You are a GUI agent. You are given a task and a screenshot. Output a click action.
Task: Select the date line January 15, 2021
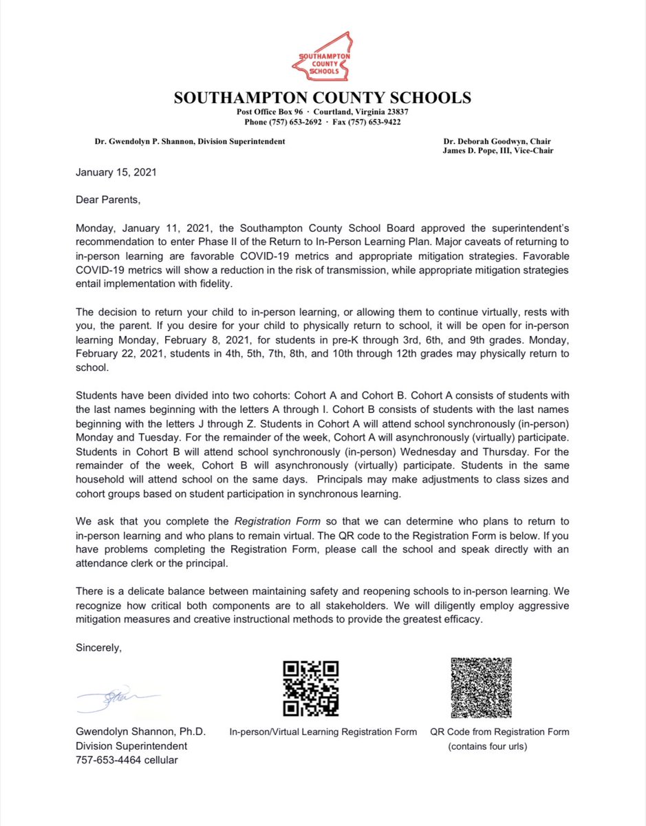116,172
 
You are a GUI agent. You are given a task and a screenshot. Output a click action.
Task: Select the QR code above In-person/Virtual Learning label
310,688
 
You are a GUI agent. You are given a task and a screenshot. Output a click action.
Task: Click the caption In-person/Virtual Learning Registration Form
323,732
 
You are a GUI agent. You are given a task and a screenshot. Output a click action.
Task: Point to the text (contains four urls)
487,746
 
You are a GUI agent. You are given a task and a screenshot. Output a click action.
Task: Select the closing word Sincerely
99,648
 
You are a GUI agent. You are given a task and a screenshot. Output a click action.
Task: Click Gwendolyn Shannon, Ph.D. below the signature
140,732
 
